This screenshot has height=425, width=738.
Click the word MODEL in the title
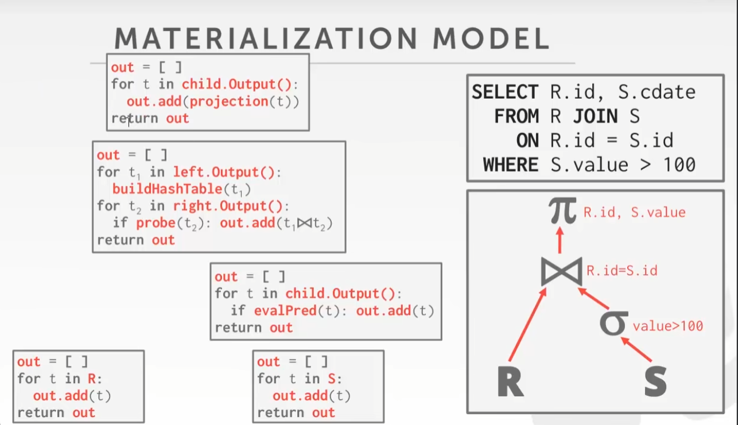coord(491,38)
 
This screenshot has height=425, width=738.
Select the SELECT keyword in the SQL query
coord(505,92)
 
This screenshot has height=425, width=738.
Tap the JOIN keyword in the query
coord(595,116)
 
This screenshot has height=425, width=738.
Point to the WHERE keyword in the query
coord(511,165)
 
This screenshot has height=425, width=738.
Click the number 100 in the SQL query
coord(679,165)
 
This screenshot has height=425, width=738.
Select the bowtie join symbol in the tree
coord(561,271)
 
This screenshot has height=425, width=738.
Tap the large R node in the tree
coord(510,381)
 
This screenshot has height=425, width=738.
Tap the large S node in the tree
coord(655,381)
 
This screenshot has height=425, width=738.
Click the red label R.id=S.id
coord(622,270)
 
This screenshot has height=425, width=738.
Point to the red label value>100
coord(667,326)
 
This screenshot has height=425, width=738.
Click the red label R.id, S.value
coord(634,213)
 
